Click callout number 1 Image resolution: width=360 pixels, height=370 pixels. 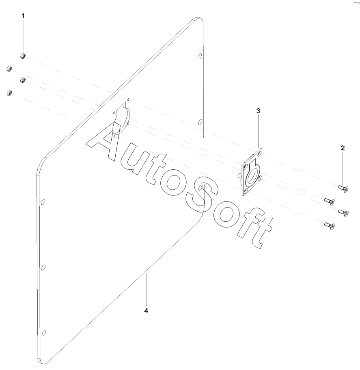pyautogui.click(x=23, y=15)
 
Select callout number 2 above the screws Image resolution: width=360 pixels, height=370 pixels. pyautogui.click(x=343, y=148)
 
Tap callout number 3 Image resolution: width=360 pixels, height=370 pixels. pyautogui.click(x=258, y=110)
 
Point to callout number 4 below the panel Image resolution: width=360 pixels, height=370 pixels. pyautogui.click(x=146, y=311)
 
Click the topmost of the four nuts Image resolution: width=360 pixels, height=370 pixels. pyautogui.click(x=23, y=56)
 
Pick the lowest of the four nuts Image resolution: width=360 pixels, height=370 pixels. pyautogui.click(x=9, y=93)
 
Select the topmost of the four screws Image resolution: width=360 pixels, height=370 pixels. pyautogui.click(x=342, y=187)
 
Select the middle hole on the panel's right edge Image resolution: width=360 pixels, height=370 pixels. pyautogui.click(x=199, y=122)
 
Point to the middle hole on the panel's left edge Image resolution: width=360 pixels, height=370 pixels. pyautogui.click(x=43, y=267)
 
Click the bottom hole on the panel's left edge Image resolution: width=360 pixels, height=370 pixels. pyautogui.click(x=44, y=333)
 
